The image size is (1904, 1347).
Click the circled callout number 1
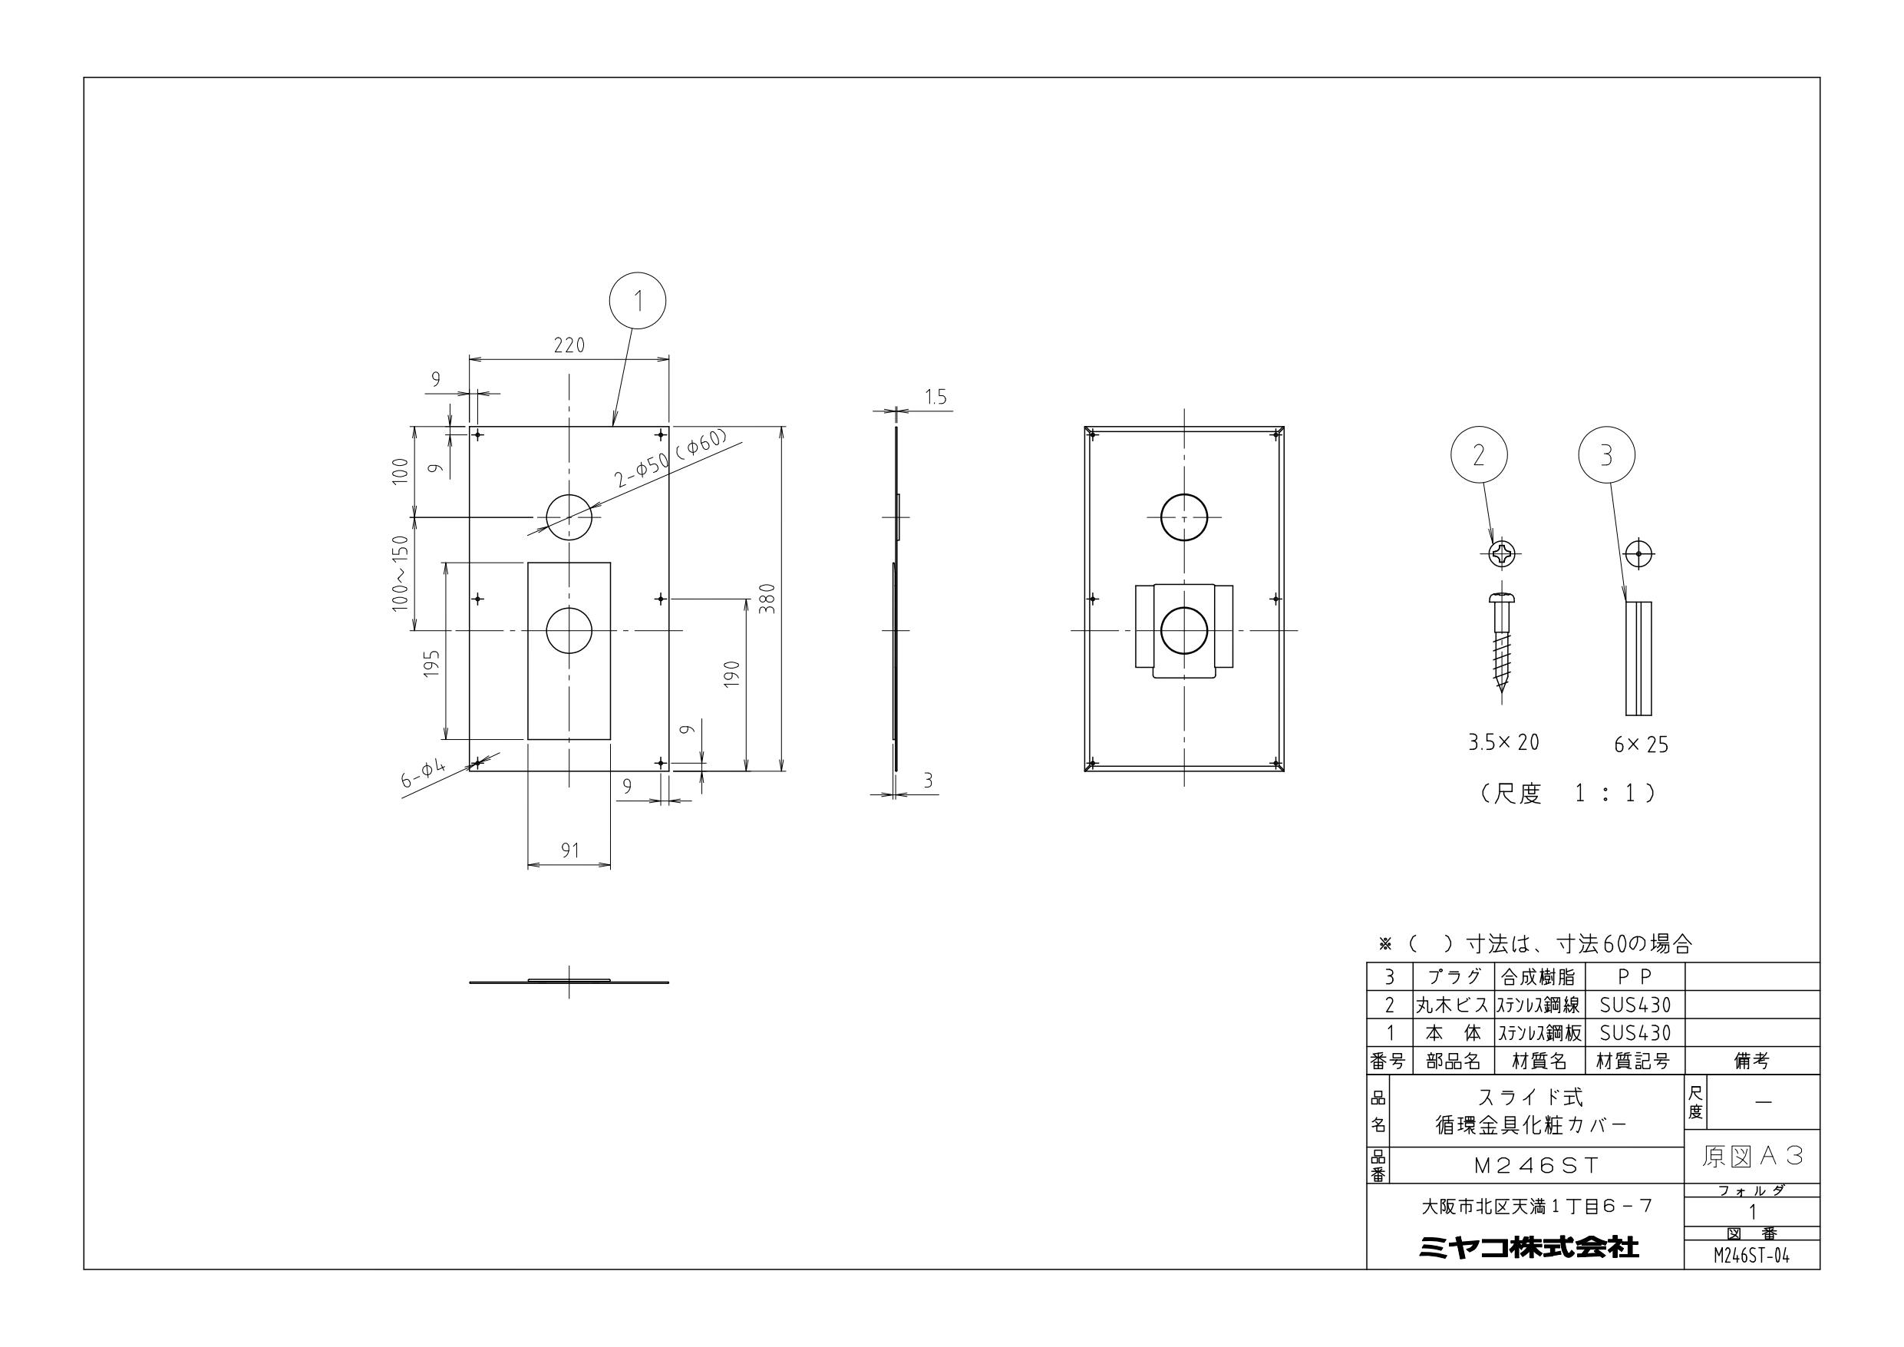[x=638, y=300]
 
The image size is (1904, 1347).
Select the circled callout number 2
[x=1479, y=455]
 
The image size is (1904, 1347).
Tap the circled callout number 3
[x=1606, y=455]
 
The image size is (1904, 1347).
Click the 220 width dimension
[x=569, y=345]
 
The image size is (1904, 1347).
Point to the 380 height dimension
[x=767, y=598]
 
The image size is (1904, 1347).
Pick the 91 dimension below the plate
[x=569, y=850]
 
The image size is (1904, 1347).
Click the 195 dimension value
[x=431, y=664]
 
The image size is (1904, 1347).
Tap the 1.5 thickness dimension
[x=936, y=398]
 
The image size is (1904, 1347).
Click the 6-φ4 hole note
[x=424, y=774]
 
